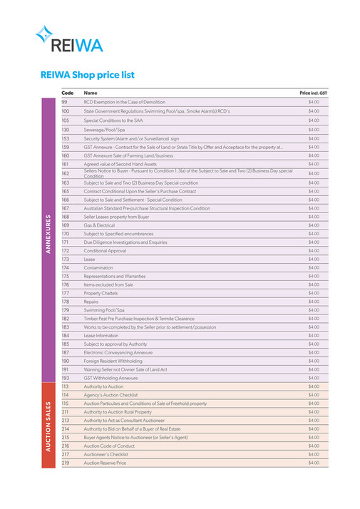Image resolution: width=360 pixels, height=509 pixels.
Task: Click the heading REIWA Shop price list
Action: coord(88,75)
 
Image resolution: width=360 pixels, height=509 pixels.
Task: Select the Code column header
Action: coord(68,93)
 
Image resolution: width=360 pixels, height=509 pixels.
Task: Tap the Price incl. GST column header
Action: coord(313,93)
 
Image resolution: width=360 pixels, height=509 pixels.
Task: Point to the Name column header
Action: coord(91,93)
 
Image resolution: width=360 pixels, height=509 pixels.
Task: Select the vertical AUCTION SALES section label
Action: coord(48,425)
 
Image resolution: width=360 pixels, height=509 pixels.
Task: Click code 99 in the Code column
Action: coord(65,103)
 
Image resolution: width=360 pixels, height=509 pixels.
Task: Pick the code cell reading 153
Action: coord(66,138)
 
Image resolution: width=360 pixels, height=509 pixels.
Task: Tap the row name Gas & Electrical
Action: coord(99,225)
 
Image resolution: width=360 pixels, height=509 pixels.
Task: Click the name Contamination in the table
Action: coord(99,267)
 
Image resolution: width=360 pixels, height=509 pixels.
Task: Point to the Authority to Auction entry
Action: coord(103,386)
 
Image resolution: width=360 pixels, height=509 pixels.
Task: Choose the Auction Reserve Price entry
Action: coord(105,463)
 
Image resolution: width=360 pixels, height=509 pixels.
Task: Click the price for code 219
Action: coord(314,463)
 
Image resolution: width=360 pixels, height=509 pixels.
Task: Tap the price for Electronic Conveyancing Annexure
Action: coord(314,352)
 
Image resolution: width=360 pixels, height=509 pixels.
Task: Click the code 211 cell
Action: coord(66,412)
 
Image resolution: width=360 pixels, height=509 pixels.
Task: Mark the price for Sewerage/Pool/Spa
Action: coord(314,130)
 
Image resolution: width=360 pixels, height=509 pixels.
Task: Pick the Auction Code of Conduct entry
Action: coord(108,446)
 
